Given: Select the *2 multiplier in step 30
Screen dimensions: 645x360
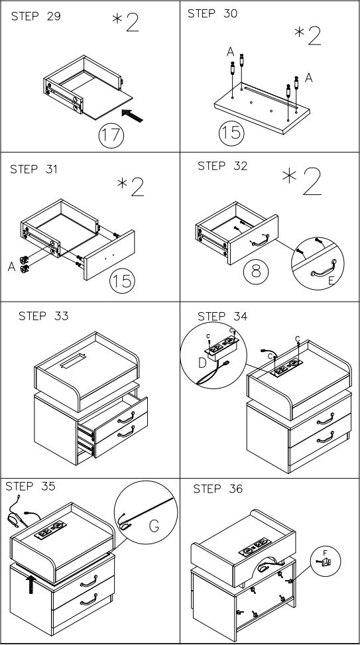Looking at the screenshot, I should pos(307,36).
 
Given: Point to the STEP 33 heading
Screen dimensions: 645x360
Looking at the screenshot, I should pos(43,316).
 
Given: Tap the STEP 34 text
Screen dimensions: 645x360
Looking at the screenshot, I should pos(223,317).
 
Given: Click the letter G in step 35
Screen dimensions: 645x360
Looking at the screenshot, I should pos(154,525).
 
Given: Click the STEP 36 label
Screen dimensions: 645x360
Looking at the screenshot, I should pos(218,489).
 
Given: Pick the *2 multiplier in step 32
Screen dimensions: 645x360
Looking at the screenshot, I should pos(302,181).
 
